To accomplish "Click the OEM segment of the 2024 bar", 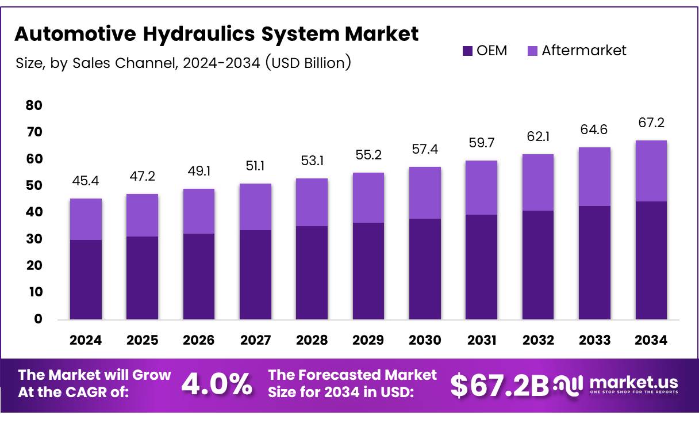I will (x=86, y=280).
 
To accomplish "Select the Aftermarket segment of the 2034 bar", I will (x=651, y=171).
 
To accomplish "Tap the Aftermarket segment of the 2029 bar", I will (x=368, y=197).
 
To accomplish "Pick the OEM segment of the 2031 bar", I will (x=482, y=267).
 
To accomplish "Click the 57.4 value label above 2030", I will (x=425, y=149).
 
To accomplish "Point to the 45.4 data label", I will (x=86, y=181).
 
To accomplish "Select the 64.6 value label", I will (x=595, y=129).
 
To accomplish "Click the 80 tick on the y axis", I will (x=34, y=105).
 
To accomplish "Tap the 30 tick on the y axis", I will (x=34, y=239).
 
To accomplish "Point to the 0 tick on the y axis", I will (x=38, y=319).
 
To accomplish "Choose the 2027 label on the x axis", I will (x=255, y=340).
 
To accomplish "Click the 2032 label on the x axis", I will (x=538, y=340).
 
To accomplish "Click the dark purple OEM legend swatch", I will (x=467, y=51).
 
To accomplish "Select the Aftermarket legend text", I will (x=583, y=51).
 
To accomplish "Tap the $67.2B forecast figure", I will (x=499, y=385).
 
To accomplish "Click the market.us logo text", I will (x=633, y=382).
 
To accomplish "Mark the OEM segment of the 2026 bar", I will (x=199, y=276).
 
